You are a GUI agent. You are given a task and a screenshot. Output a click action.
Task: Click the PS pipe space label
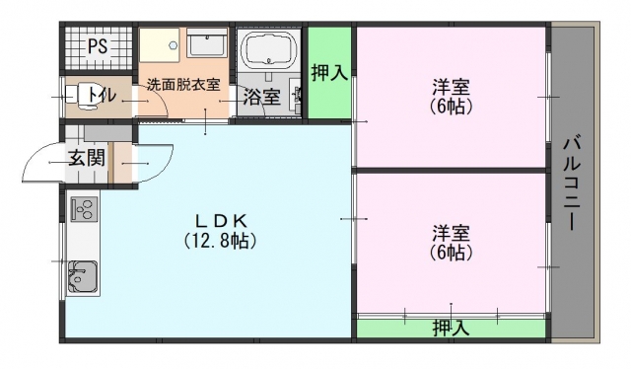[x=98, y=46]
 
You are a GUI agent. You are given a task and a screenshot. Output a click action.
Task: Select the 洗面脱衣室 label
[x=183, y=85]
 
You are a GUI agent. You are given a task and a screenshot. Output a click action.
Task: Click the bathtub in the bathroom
[x=268, y=48]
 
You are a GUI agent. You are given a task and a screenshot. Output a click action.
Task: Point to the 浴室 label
[x=261, y=97]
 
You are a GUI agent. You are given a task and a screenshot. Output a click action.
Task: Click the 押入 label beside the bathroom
[x=329, y=73]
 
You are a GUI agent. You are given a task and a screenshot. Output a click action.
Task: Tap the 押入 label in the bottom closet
[x=452, y=329]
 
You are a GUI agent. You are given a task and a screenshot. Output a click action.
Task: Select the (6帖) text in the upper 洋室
[x=452, y=107]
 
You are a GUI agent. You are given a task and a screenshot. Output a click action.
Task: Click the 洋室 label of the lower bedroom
[x=452, y=233]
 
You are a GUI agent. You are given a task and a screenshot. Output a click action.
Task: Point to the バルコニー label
[x=572, y=184]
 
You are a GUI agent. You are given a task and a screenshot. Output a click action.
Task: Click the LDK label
[x=221, y=220]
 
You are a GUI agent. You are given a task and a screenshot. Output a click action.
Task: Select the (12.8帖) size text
[x=221, y=241]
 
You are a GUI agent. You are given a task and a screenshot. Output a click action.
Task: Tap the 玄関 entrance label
[x=87, y=157]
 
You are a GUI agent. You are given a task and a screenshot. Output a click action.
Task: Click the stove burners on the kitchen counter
[x=84, y=208]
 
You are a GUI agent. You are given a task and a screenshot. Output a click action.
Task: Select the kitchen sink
[x=83, y=276]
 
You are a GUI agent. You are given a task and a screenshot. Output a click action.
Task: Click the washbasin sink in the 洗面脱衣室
[x=208, y=43]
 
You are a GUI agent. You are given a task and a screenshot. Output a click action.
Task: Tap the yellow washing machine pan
[x=160, y=45]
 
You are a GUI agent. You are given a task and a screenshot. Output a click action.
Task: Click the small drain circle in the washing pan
[x=174, y=45]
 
